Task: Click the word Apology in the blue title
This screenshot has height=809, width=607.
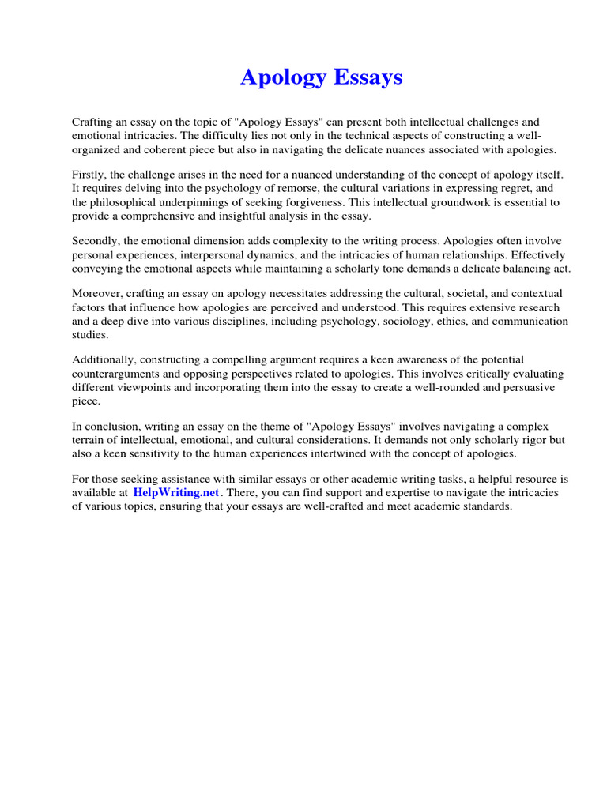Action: pyautogui.click(x=281, y=77)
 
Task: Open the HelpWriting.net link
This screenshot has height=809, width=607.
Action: pyautogui.click(x=175, y=492)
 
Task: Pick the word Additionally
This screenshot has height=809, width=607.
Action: pyautogui.click(x=107, y=360)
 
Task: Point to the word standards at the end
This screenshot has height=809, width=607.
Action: pyautogui.click(x=486, y=506)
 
